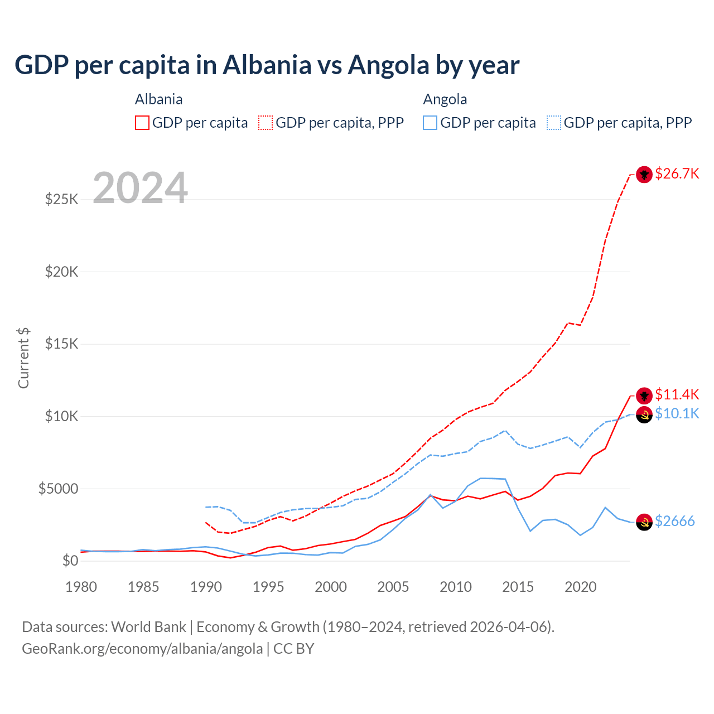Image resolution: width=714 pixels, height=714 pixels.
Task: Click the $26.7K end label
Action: point(677,173)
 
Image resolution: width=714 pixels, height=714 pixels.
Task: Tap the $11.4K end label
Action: point(677,394)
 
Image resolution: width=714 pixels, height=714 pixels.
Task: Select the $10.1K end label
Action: point(677,413)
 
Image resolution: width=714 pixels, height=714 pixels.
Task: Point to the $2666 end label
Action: point(674,521)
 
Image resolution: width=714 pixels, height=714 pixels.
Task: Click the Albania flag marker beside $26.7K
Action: point(644,175)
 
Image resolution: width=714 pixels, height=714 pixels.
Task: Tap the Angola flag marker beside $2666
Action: point(644,522)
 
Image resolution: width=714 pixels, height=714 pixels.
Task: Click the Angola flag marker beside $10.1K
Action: point(644,415)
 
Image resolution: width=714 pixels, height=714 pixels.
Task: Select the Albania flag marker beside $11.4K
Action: point(644,395)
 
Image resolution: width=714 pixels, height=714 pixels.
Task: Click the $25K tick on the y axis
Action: point(62,199)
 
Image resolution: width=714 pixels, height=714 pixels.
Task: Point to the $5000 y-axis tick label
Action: point(58,489)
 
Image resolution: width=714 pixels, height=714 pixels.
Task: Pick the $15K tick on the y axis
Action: point(62,344)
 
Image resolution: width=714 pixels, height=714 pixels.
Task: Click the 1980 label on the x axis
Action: point(81,587)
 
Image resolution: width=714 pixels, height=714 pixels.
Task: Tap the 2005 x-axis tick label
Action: point(393,587)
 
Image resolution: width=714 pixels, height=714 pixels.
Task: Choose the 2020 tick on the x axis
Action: point(581,587)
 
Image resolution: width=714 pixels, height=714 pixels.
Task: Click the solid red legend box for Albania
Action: point(142,123)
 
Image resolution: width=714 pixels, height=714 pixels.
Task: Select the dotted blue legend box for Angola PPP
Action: point(554,123)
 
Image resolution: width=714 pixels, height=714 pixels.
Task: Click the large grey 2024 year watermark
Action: point(140,188)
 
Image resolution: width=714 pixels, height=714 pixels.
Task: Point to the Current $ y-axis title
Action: point(23,358)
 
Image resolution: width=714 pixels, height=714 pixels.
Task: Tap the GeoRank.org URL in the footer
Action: point(142,649)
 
